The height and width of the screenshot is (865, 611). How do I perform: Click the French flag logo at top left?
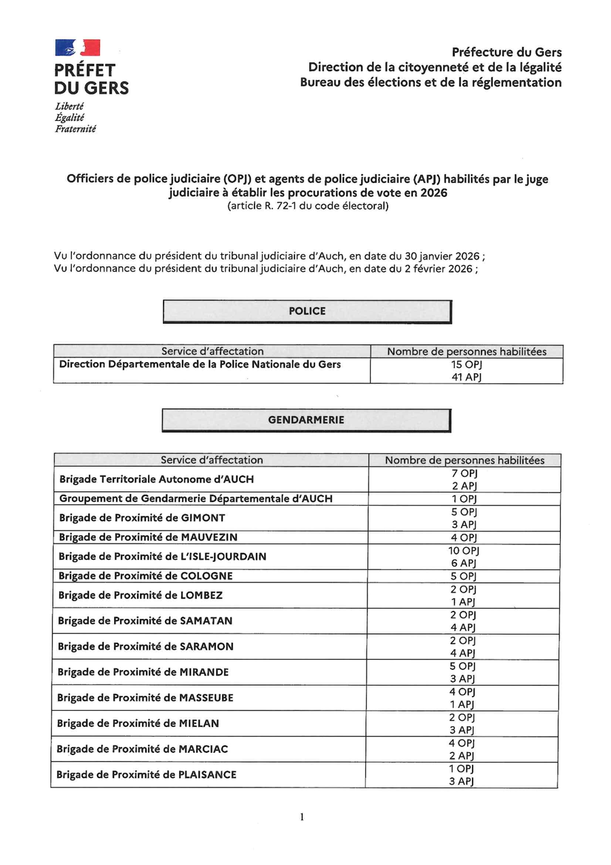(77, 48)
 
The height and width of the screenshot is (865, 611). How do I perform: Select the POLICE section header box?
(307, 311)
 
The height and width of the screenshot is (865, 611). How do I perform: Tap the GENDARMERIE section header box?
(306, 420)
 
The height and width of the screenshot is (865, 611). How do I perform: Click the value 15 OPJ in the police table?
(466, 364)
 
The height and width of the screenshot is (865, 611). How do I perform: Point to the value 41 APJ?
(466, 376)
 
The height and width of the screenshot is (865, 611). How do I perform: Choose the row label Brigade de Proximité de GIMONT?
(143, 518)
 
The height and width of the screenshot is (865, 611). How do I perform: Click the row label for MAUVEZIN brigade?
(148, 537)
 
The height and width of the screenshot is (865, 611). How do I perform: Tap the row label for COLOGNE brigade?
(145, 576)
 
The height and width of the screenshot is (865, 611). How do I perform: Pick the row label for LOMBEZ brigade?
(141, 595)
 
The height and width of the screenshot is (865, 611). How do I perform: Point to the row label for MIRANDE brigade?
(143, 672)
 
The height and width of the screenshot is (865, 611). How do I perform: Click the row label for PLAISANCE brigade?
(147, 775)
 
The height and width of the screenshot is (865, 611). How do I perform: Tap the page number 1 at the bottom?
(301, 817)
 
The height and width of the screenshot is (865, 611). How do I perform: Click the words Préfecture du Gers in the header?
(507, 52)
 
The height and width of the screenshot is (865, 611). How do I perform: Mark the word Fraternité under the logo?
(75, 128)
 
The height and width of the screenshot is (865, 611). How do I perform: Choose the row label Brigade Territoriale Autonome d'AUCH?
(157, 479)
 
